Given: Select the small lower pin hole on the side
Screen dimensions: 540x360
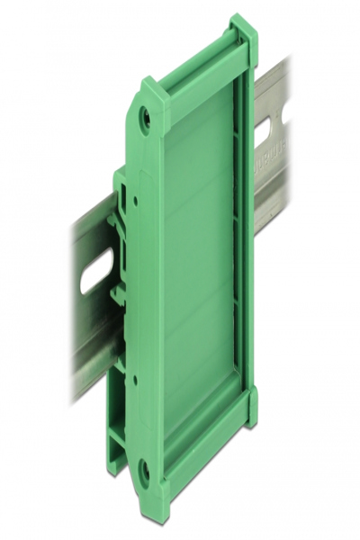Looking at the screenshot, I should (x=135, y=378).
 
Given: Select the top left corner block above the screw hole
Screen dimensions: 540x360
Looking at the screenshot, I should (x=153, y=90).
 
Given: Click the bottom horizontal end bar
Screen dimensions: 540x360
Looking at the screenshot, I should (x=202, y=450).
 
